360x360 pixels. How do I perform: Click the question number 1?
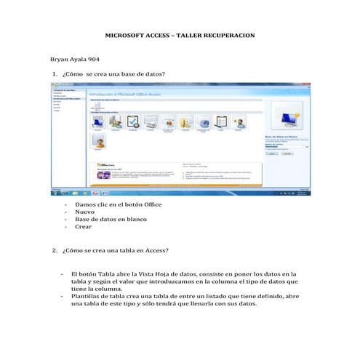pyautogui.click(x=55, y=75)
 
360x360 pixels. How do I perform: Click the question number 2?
pyautogui.click(x=55, y=250)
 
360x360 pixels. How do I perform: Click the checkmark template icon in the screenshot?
pyautogui.click(x=133, y=121)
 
